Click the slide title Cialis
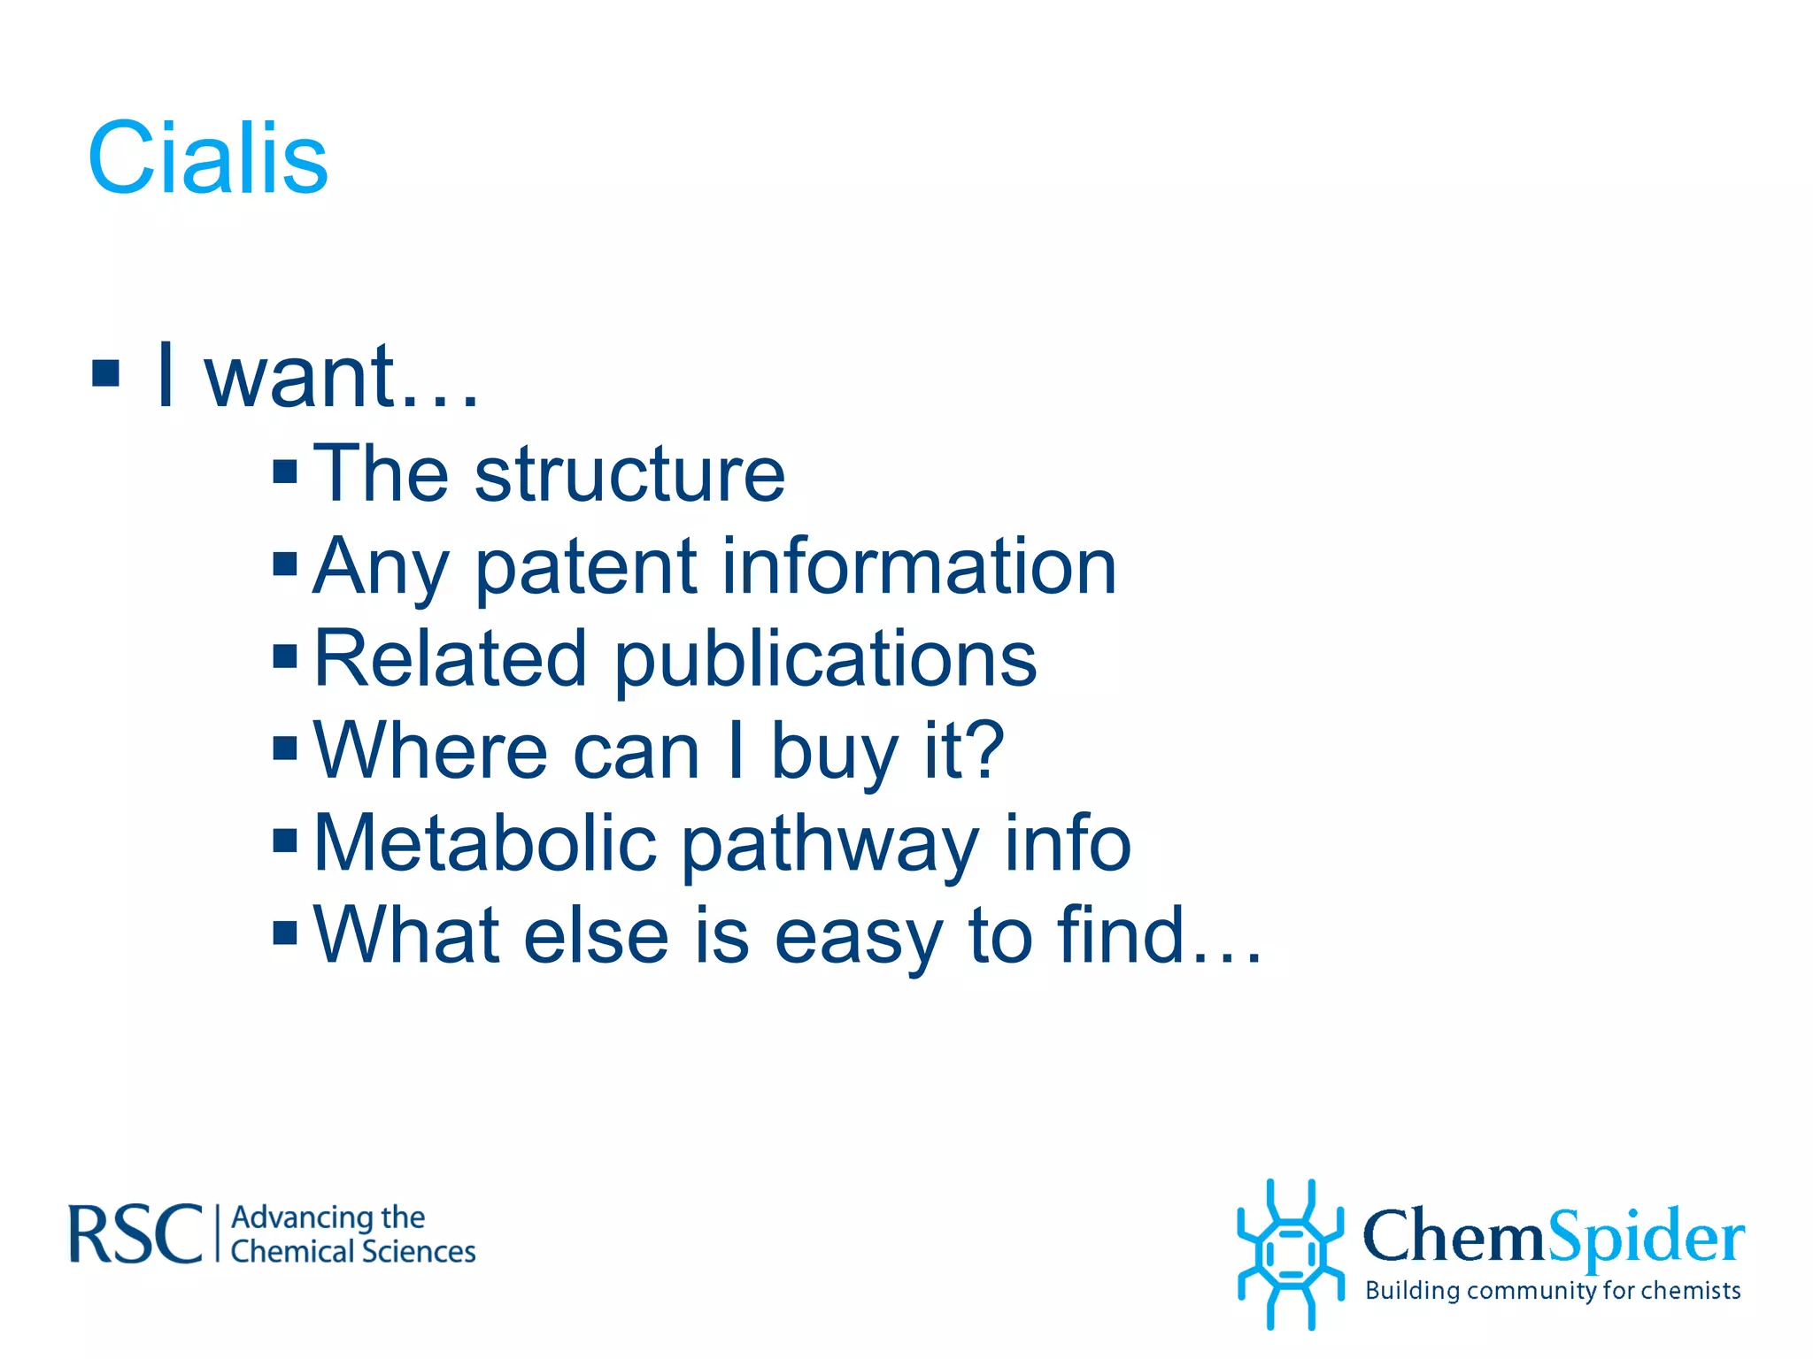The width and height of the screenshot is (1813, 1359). point(208,159)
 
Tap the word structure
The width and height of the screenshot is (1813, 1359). point(629,474)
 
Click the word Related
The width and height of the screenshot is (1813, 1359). point(450,658)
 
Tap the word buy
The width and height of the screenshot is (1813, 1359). point(835,752)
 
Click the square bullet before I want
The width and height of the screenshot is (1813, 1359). point(105,373)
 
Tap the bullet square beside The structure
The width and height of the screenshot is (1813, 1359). point(285,472)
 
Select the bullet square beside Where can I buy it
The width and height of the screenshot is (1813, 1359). point(285,749)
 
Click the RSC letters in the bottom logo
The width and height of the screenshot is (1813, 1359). point(135,1233)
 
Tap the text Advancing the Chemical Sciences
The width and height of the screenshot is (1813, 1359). point(352,1234)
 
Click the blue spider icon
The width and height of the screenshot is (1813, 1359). point(1291,1254)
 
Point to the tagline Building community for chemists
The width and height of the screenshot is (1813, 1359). point(1553,1291)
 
